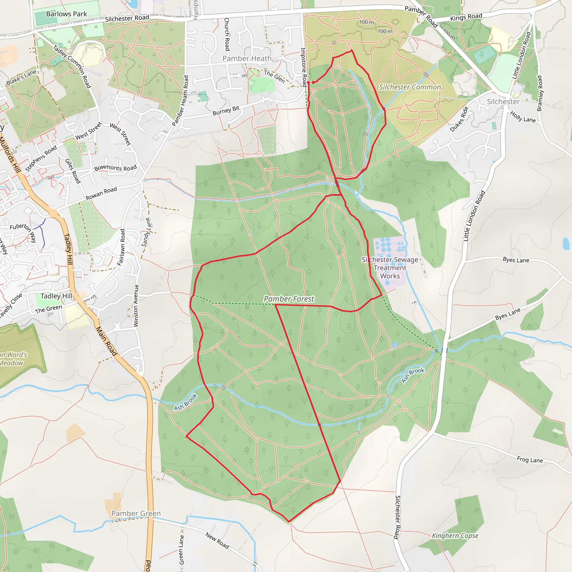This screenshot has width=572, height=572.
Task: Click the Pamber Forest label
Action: click(x=289, y=299)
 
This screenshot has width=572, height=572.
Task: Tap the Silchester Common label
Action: click(x=410, y=87)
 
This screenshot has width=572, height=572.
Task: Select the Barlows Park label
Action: click(x=67, y=14)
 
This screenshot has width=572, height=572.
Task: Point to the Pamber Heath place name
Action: click(x=247, y=59)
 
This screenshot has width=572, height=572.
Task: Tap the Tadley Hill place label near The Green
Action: click(x=56, y=296)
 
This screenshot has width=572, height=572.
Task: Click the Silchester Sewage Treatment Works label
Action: click(x=390, y=268)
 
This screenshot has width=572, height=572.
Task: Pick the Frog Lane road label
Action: click(x=530, y=459)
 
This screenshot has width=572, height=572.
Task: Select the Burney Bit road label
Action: click(x=226, y=110)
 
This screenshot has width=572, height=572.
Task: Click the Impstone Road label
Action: click(x=304, y=67)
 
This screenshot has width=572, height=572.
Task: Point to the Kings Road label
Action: click(x=466, y=17)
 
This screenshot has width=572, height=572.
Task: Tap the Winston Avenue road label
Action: click(x=136, y=306)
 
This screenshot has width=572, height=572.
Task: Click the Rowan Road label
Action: click(x=101, y=193)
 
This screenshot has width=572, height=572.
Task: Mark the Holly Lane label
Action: click(x=523, y=117)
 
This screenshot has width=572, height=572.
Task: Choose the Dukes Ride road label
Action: click(x=459, y=119)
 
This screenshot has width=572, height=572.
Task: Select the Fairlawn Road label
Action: click(x=121, y=247)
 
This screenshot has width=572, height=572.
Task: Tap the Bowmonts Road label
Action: click(x=115, y=168)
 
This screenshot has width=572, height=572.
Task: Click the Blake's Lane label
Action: click(x=21, y=77)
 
